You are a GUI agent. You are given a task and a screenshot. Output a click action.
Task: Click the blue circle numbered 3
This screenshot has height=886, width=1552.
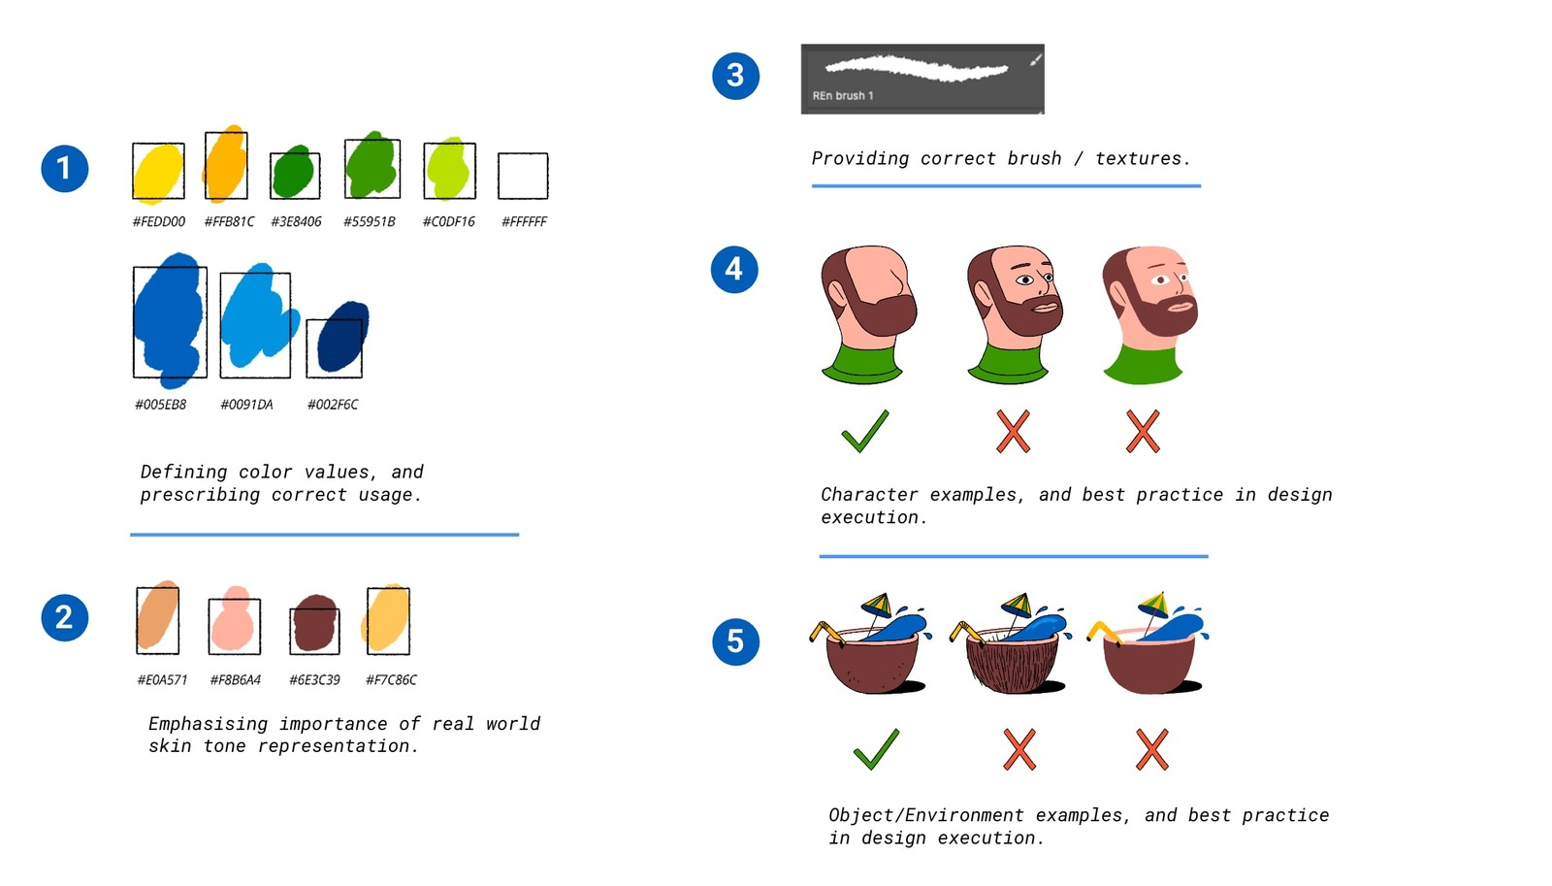pyautogui.click(x=735, y=76)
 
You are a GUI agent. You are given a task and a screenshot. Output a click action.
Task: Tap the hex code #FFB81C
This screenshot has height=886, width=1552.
pyautogui.click(x=229, y=221)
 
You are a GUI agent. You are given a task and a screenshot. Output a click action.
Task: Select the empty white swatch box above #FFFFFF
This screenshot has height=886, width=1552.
pyautogui.click(x=523, y=176)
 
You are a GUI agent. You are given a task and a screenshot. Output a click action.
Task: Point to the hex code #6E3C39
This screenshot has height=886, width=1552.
pyautogui.click(x=314, y=679)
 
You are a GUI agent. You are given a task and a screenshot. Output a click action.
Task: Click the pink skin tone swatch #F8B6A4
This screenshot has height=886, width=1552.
pyautogui.click(x=234, y=622)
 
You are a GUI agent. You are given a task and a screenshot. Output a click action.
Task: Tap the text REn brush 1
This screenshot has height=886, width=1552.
pyautogui.click(x=843, y=95)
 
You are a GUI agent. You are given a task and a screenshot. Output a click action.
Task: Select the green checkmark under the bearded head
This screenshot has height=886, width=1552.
pyautogui.click(x=865, y=431)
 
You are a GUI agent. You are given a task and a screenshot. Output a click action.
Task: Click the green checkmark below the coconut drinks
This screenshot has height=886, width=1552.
pyautogui.click(x=876, y=749)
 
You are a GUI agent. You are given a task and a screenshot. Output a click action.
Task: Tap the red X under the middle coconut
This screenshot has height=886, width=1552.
pyautogui.click(x=1019, y=749)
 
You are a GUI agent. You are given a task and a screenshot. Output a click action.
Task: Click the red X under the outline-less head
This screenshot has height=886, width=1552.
pyautogui.click(x=1143, y=431)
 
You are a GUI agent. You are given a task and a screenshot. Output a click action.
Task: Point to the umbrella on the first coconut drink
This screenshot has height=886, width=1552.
pyautogui.click(x=876, y=606)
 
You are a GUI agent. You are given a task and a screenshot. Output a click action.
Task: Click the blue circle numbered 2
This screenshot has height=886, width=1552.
pyautogui.click(x=64, y=617)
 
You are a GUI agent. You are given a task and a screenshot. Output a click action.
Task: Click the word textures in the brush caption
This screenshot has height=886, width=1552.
pyautogui.click(x=1139, y=158)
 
